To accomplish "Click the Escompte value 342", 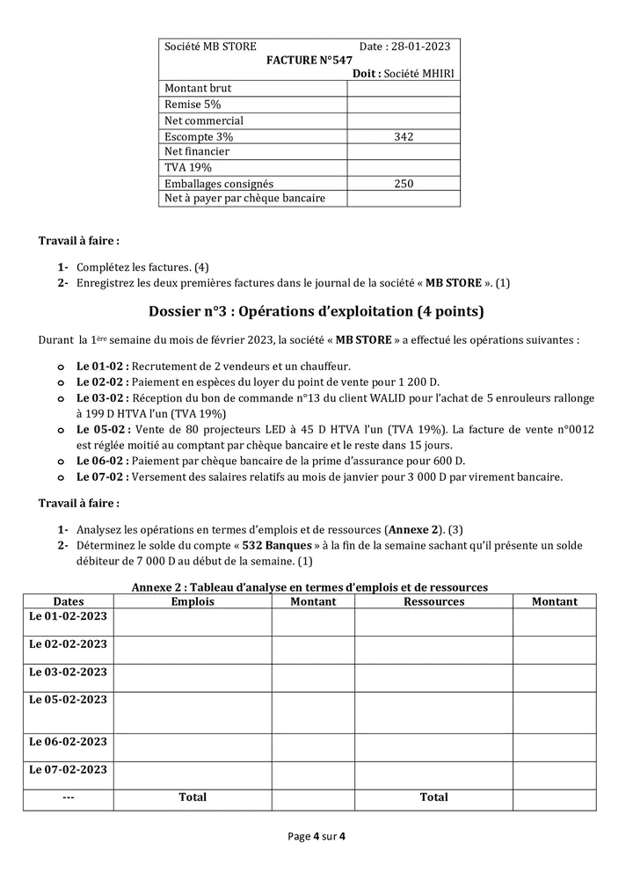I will [404, 136].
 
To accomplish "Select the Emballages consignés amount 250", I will [404, 184].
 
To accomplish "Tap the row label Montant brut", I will [198, 88].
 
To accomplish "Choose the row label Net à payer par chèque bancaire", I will [244, 198].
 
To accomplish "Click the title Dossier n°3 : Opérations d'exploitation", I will [316, 311].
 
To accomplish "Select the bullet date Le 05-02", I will [102, 429].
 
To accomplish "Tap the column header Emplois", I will [193, 601].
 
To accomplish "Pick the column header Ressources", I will [433, 601].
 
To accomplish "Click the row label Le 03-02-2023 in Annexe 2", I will [69, 672].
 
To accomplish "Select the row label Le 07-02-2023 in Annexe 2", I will [69, 769].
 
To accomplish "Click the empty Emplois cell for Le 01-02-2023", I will [193, 622].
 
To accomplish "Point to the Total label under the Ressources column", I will [433, 797].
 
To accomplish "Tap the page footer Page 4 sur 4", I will [316, 836].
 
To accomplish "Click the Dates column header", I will [69, 601].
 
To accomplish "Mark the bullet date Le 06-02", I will [102, 461].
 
